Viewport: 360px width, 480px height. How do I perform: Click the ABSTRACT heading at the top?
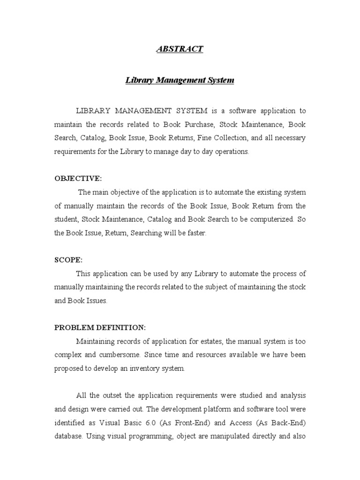(180, 49)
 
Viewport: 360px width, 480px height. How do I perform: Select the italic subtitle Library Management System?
(180, 80)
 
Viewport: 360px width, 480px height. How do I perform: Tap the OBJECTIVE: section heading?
(78, 178)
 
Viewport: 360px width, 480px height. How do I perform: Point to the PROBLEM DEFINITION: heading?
(100, 327)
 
